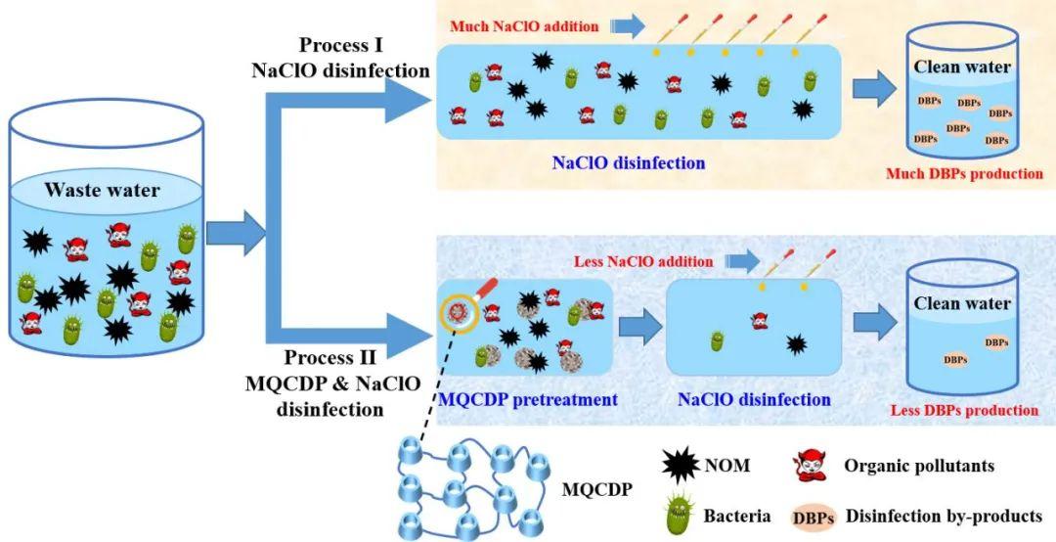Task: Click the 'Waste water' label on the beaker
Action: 102,190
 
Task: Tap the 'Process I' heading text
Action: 343,46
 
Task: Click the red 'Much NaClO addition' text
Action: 524,26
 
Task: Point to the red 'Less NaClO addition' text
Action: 644,261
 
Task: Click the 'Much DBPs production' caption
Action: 964,174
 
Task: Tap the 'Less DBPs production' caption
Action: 964,410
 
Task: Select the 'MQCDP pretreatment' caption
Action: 528,399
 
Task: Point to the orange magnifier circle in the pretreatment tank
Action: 456,311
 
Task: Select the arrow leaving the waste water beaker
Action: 236,231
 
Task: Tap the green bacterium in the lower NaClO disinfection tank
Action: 718,341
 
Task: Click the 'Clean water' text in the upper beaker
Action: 961,68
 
